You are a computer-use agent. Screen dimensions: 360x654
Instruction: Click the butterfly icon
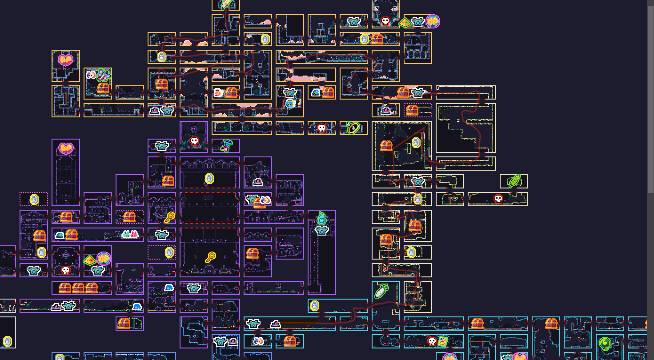click(103, 75)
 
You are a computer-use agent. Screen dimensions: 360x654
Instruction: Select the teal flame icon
click(321, 218)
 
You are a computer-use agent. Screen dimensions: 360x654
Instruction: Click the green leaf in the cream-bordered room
click(514, 180)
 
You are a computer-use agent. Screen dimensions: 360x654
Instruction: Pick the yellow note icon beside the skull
click(443, 341)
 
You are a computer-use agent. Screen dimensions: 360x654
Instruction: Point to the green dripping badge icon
click(604, 344)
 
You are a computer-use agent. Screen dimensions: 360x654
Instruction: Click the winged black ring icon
click(353, 128)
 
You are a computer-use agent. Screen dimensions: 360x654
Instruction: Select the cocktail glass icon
click(227, 145)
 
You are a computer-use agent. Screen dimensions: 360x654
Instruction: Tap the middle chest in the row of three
click(78, 288)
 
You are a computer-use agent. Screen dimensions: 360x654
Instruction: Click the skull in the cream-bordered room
click(498, 199)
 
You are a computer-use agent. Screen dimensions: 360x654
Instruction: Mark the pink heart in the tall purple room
click(65, 148)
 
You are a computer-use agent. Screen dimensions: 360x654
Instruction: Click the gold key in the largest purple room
click(210, 257)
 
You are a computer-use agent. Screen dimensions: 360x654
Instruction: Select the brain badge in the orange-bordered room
click(433, 21)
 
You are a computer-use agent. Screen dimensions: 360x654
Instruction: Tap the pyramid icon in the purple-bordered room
click(90, 260)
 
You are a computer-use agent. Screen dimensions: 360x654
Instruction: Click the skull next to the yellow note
click(432, 341)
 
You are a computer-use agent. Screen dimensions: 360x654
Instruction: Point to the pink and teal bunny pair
click(130, 234)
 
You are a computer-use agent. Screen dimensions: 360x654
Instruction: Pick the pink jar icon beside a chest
click(219, 92)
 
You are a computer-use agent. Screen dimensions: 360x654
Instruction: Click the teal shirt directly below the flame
click(321, 230)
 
